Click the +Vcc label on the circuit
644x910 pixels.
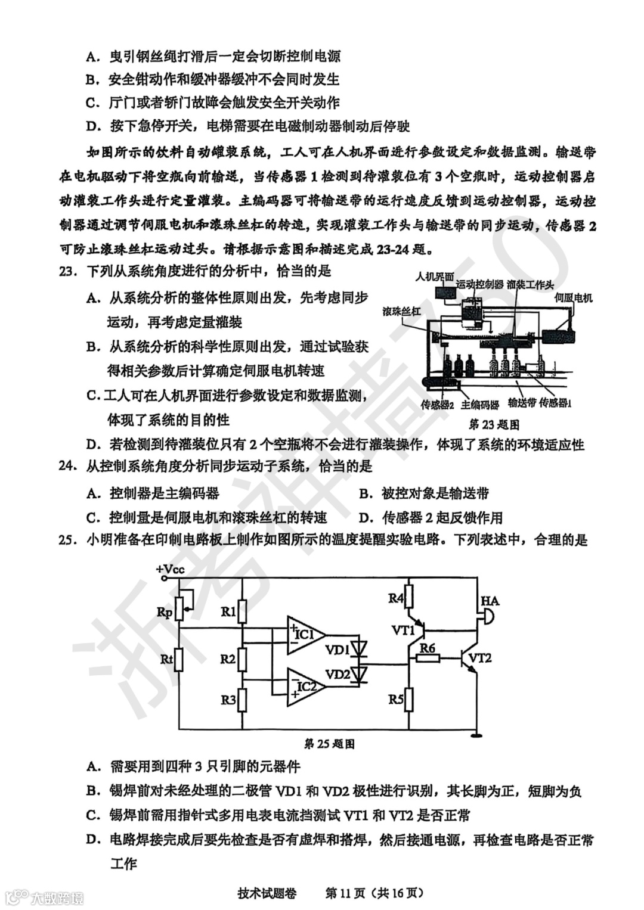click(171, 569)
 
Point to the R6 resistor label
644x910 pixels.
click(427, 648)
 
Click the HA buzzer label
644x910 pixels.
click(490, 601)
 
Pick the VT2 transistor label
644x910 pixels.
click(480, 658)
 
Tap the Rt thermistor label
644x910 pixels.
click(166, 659)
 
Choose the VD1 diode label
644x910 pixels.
click(337, 650)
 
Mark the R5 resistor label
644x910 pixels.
click(396, 699)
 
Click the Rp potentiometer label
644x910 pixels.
click(164, 612)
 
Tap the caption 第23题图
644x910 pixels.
click(494, 424)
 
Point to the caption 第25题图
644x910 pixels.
click(329, 744)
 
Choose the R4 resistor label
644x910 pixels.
click(396, 598)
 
